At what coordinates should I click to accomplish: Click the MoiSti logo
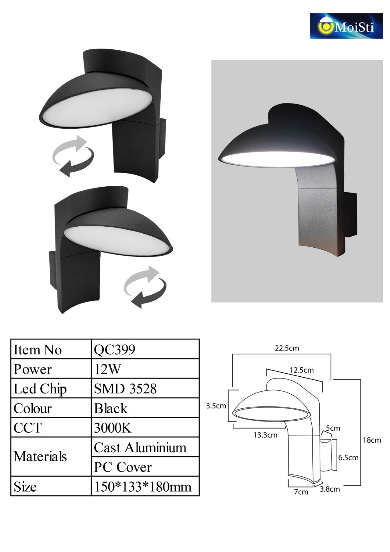point(346,26)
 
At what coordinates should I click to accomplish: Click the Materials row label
point(40,456)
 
